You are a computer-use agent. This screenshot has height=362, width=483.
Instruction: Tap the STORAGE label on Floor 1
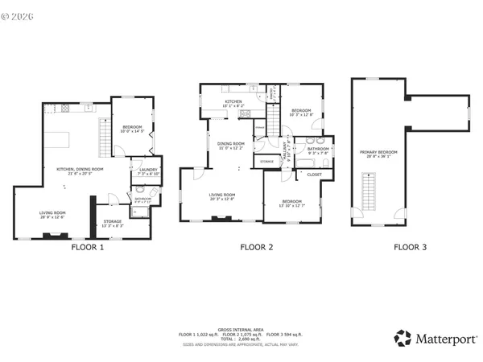(x=112, y=221)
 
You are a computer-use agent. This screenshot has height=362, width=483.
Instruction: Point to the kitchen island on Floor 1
(x=58, y=140)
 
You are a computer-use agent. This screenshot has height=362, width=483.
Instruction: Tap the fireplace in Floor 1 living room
(x=56, y=237)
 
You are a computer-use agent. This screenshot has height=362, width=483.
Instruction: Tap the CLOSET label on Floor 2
(x=314, y=175)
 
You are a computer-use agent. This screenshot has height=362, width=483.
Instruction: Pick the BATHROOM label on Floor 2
(x=317, y=149)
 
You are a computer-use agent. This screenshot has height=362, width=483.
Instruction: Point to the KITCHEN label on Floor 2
(x=233, y=101)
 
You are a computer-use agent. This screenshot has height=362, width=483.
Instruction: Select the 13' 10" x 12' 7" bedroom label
(x=292, y=203)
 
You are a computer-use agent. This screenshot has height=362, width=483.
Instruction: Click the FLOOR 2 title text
(x=258, y=248)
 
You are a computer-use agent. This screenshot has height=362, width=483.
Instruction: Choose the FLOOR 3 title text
(x=410, y=248)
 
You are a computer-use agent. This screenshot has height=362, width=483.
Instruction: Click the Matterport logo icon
(x=402, y=339)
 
